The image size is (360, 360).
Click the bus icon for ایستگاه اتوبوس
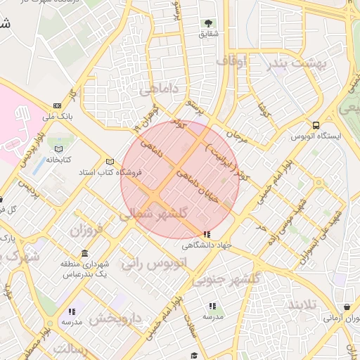click(x=317, y=126)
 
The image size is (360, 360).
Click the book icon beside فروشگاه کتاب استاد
click(x=109, y=161)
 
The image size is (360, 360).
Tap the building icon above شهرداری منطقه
click(x=85, y=253)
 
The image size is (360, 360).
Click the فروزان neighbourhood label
click(x=86, y=229)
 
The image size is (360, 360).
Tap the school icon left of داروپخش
click(x=71, y=311)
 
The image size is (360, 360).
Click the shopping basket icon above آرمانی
click(x=348, y=307)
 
